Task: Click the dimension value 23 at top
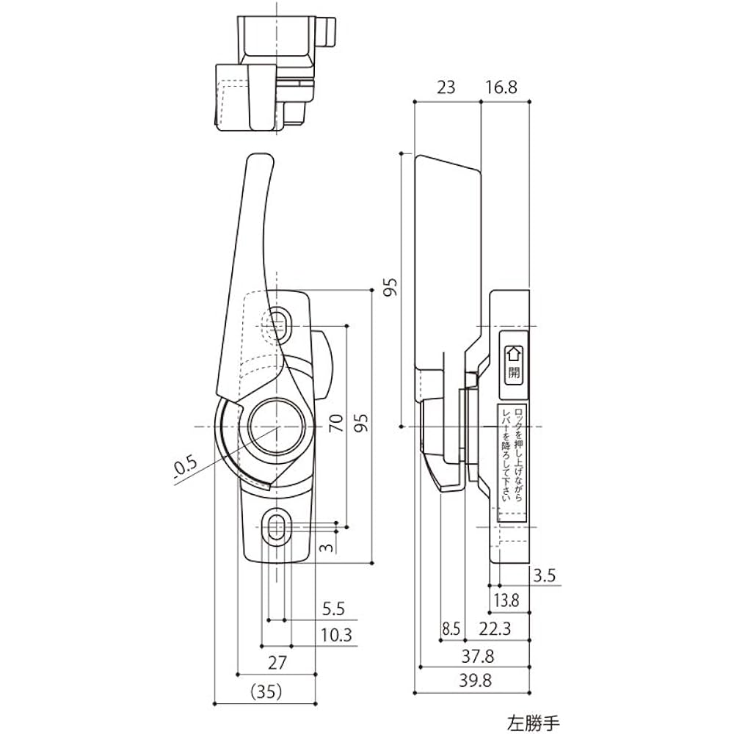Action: click(x=446, y=87)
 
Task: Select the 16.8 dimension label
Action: click(x=501, y=87)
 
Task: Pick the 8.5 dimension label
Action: click(x=451, y=628)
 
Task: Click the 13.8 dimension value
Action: click(x=506, y=600)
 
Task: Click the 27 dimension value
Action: click(x=276, y=663)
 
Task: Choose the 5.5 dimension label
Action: click(x=333, y=608)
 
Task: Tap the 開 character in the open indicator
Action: click(x=513, y=371)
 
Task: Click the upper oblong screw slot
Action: click(x=278, y=320)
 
